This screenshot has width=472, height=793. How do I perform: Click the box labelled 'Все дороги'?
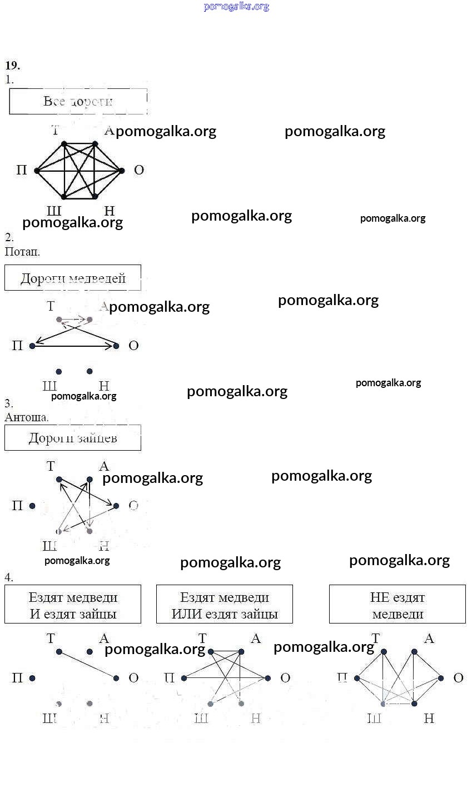pyautogui.click(x=78, y=101)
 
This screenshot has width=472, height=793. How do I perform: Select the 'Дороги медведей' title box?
pyautogui.click(x=73, y=278)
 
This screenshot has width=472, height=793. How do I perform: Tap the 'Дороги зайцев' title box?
pyautogui.click(x=73, y=438)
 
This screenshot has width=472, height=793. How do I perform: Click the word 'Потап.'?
pyautogui.click(x=22, y=251)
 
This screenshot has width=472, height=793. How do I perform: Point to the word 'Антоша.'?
pyautogui.click(x=27, y=417)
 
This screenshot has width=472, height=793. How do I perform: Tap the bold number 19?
pyautogui.click(x=12, y=66)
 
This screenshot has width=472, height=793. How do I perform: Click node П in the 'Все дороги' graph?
pyautogui.click(x=37, y=171)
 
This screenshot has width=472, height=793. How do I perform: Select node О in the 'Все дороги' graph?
pyautogui.click(x=122, y=171)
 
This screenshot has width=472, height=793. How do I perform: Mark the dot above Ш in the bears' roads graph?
pyautogui.click(x=59, y=371)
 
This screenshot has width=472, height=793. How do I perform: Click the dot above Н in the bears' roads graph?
pyautogui.click(x=90, y=371)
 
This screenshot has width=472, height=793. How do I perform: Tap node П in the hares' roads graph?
pyautogui.click(x=32, y=506)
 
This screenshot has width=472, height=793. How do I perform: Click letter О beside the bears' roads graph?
pyautogui.click(x=133, y=346)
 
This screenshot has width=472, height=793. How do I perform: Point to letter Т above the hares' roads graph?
pyautogui.click(x=51, y=466)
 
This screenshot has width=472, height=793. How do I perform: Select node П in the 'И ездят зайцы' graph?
pyautogui.click(x=32, y=678)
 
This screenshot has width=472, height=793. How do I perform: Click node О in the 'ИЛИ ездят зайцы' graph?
pyautogui.click(x=268, y=678)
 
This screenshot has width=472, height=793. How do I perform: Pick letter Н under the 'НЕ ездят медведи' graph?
pyautogui.click(x=429, y=719)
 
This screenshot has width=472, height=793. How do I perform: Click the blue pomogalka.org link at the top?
pyautogui.click(x=236, y=7)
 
